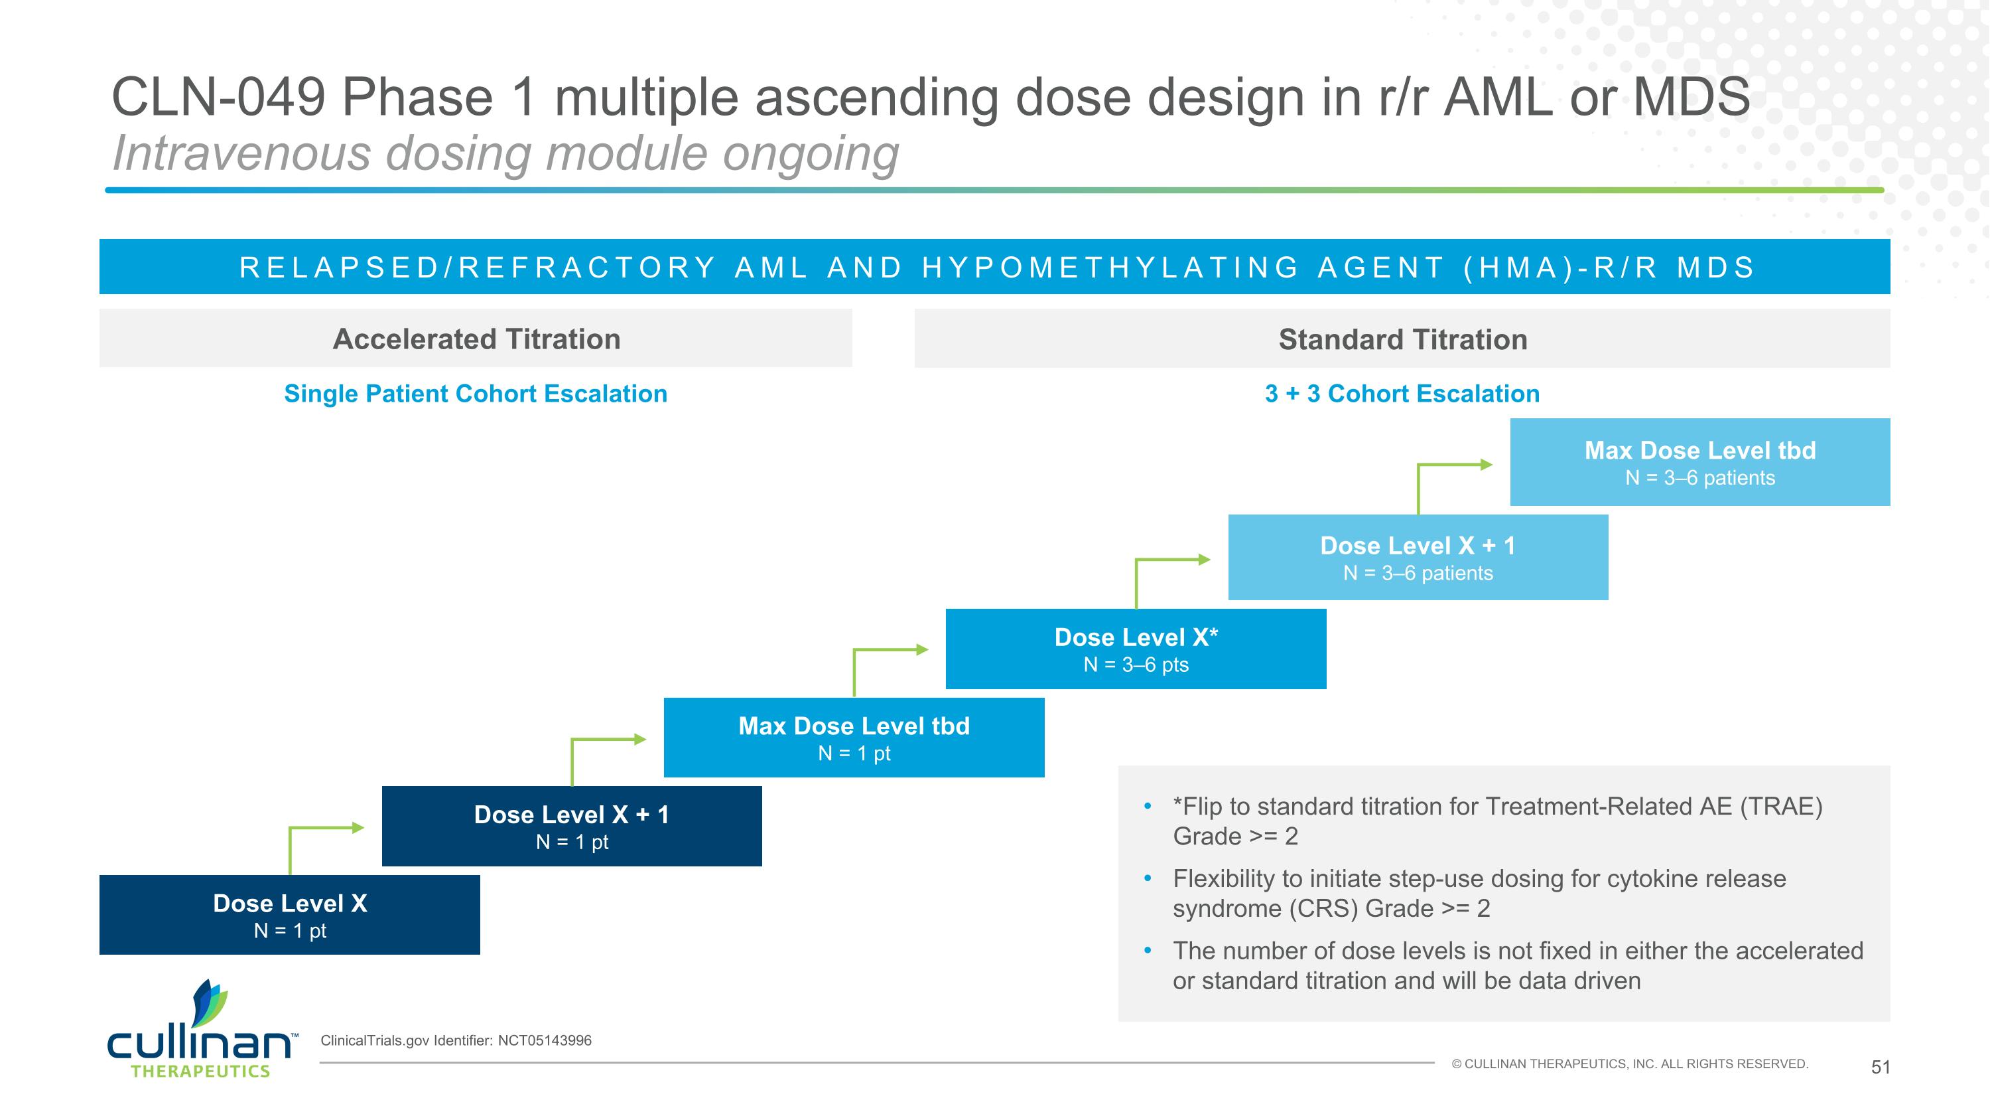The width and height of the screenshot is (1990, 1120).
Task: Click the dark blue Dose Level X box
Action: (290, 915)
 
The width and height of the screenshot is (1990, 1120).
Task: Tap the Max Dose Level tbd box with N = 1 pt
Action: (854, 738)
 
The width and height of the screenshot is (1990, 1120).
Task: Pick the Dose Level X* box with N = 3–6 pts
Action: (1136, 649)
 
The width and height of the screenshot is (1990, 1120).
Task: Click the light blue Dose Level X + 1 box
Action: (1418, 557)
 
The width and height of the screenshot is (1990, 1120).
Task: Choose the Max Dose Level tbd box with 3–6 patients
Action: (1699, 462)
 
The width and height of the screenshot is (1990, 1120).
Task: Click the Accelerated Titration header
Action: (476, 339)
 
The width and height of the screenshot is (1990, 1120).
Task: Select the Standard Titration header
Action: (1402, 339)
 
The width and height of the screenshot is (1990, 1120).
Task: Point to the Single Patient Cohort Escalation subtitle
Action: (476, 394)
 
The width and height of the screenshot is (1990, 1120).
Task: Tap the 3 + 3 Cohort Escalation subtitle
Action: (1402, 394)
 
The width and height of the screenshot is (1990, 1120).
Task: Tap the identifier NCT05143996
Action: (545, 1040)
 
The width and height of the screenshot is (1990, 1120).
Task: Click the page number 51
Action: (1881, 1068)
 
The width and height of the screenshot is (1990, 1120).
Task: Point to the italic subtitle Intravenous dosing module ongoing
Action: (505, 153)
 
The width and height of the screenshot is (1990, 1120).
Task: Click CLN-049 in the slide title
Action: (218, 98)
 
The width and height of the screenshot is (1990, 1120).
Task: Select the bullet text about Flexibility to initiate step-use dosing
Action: (1479, 894)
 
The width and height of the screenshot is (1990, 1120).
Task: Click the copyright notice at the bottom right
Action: (1629, 1064)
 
